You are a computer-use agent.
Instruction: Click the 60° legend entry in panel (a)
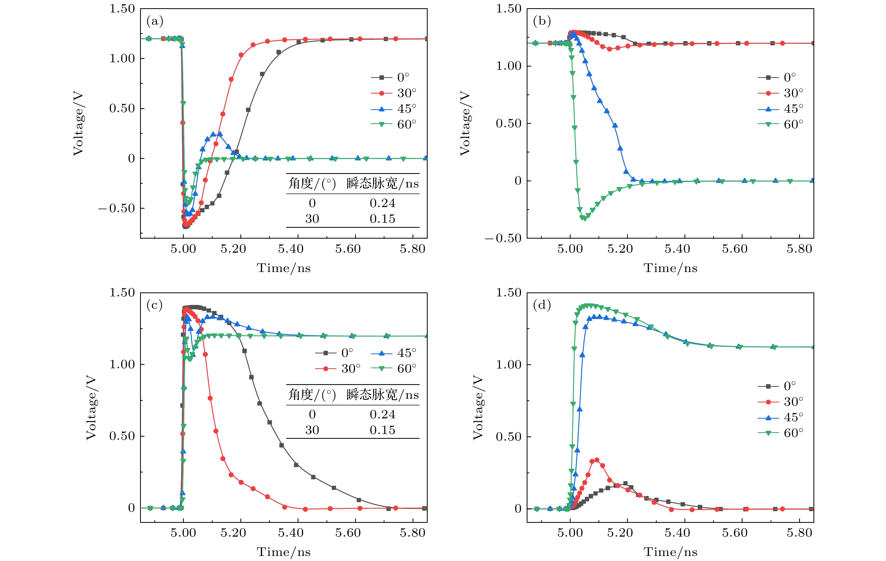click(394, 125)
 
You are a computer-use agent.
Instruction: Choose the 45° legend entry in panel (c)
click(394, 353)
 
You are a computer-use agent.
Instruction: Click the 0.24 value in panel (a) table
click(382, 203)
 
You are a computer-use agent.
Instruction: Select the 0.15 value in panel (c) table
click(382, 430)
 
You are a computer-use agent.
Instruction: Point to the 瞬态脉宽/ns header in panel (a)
click(382, 183)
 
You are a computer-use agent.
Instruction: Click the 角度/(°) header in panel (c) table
click(312, 395)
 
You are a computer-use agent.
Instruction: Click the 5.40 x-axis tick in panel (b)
click(677, 249)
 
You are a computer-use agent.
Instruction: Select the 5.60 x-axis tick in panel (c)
click(348, 533)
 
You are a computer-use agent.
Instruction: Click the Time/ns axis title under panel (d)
click(670, 552)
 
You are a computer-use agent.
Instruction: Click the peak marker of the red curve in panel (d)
click(597, 460)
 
